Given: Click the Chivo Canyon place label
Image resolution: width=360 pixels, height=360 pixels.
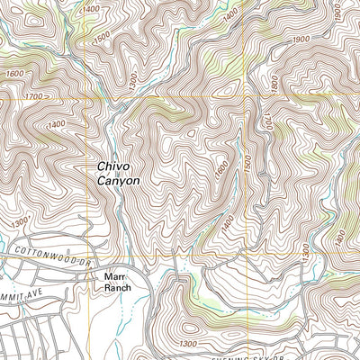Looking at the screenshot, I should click(119, 174).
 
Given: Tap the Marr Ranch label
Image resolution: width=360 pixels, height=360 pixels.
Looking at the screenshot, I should click(118, 282).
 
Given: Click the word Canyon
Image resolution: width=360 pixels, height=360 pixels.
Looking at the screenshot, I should click(119, 181).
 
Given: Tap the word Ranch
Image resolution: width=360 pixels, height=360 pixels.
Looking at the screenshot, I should click(118, 288).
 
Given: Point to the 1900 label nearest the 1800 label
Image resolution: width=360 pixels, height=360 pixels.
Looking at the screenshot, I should click(301, 40).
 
